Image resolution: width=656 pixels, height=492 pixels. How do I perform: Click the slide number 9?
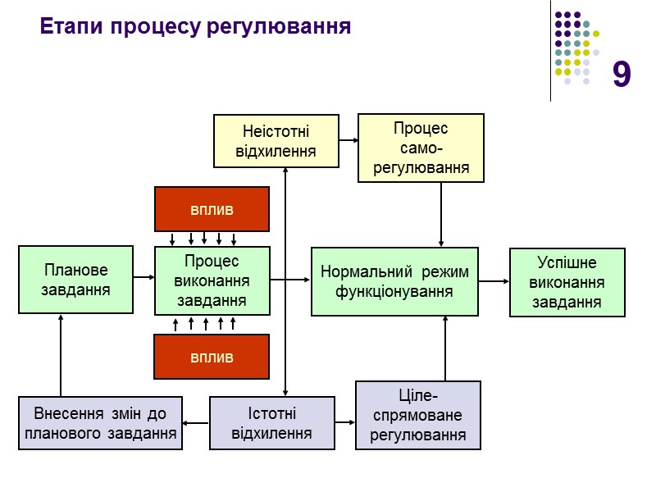[x=622, y=75]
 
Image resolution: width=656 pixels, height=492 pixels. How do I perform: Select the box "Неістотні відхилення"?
[x=276, y=141]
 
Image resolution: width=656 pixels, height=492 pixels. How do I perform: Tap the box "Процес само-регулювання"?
[x=421, y=148]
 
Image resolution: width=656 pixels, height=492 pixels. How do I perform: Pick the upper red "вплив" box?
[x=212, y=209]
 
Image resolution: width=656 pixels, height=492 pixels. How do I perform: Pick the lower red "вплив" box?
[x=212, y=357]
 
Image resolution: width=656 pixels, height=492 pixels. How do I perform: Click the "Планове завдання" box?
[x=76, y=280]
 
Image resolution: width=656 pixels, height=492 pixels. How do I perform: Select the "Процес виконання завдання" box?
[x=212, y=280]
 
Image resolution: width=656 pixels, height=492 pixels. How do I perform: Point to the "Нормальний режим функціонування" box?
[x=394, y=281]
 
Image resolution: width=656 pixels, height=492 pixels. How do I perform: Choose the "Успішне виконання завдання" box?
[x=567, y=282]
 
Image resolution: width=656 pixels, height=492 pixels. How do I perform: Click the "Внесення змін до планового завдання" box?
[x=101, y=423]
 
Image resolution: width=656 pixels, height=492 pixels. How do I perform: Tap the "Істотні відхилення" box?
[x=271, y=423]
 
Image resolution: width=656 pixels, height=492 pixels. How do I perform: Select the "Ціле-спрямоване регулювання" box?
[x=418, y=415]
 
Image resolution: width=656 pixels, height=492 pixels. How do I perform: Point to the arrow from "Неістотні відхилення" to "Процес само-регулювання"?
[x=348, y=139]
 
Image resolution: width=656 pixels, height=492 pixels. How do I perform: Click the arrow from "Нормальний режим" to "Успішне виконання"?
[x=494, y=281]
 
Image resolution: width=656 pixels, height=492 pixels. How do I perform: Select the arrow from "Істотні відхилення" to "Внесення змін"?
[x=196, y=423]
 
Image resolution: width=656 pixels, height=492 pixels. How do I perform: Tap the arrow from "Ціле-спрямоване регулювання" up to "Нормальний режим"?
[x=445, y=348]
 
